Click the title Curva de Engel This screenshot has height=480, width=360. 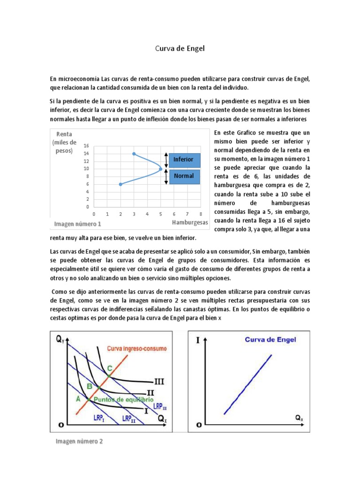pos(180,48)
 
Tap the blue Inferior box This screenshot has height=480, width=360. pos(184,160)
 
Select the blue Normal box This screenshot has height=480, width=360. pos(184,176)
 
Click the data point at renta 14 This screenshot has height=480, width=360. pos(134,154)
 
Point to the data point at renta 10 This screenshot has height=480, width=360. pos(161,169)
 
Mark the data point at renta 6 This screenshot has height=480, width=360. pos(121,184)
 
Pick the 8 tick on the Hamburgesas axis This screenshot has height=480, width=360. pos(201,214)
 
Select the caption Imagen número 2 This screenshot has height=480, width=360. pos(79,442)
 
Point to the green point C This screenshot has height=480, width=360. pos(109,375)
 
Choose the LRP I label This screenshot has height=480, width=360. pos(98,418)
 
